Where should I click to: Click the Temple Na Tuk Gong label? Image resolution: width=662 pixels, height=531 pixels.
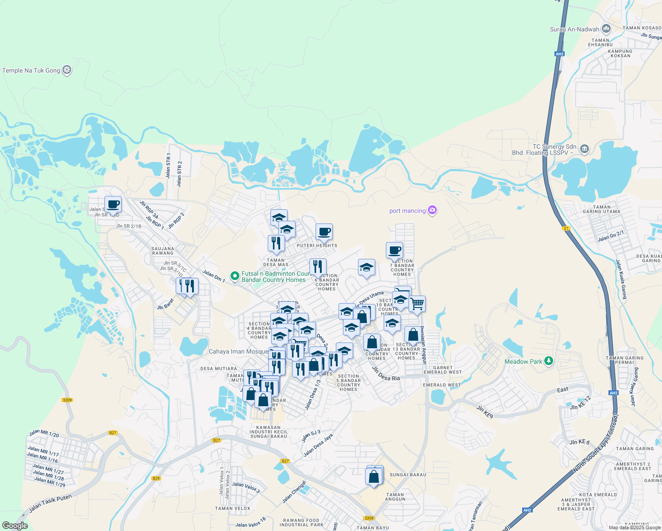tap(31, 70)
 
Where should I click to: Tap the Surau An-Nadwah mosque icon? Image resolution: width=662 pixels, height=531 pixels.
tap(606, 29)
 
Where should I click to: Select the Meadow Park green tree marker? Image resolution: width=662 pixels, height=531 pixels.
tap(549, 362)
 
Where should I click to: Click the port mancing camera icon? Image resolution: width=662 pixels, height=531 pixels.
tap(432, 211)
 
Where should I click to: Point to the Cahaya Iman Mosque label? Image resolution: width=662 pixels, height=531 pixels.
tap(239, 352)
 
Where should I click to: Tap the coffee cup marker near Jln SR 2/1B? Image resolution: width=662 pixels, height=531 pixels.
tap(113, 204)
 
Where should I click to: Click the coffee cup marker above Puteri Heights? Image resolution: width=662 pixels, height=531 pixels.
tap(324, 231)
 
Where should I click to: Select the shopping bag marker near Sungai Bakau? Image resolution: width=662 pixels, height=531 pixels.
tap(374, 477)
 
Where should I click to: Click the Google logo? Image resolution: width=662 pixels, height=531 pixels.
tap(15, 526)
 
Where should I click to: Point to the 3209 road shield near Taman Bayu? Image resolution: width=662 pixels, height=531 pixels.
tap(369, 518)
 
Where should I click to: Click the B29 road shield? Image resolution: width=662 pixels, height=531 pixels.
tap(156, 478)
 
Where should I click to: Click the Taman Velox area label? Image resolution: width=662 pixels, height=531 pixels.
tap(233, 508)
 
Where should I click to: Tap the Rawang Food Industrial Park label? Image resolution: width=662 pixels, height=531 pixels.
tap(301, 523)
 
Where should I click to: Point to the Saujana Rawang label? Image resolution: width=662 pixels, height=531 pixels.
tap(163, 251)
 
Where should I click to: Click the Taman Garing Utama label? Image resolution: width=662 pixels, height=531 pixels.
tap(601, 209)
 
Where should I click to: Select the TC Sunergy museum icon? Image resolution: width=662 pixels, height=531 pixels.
tap(585, 149)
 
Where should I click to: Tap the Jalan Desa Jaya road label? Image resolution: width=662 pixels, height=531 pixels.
tap(318, 445)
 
